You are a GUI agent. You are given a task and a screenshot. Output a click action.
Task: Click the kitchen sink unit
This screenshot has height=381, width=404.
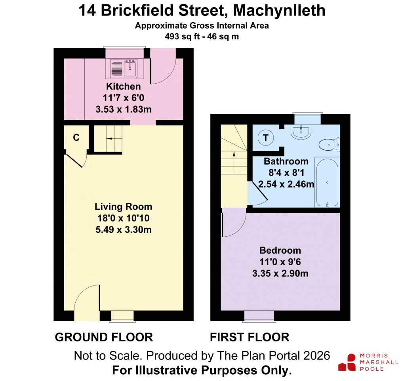tap(124, 68)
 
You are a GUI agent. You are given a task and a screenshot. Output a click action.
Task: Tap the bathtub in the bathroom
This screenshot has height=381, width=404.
tap(327, 182)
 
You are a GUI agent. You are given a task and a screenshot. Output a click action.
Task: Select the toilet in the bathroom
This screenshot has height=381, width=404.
tap(328, 144)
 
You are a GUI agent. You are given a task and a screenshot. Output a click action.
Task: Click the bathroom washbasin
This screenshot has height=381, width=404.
tap(302, 131)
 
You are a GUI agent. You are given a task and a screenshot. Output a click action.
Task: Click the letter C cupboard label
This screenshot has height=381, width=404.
tap(76, 138)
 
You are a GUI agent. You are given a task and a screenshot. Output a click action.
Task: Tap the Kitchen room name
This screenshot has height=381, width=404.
tap(123, 86)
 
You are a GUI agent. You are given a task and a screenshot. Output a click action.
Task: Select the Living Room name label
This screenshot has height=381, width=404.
tap(123, 207)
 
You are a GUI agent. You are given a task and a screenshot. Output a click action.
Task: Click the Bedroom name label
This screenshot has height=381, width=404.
tap(280, 251)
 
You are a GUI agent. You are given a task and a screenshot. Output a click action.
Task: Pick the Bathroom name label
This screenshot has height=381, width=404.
tap(286, 161)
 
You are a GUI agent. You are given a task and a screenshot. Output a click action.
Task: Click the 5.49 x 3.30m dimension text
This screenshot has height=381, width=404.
tap(123, 230)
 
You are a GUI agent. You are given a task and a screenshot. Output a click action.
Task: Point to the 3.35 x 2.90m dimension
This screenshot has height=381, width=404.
tap(280, 273)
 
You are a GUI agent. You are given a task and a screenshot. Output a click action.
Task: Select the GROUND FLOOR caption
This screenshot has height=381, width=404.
tap(104, 337)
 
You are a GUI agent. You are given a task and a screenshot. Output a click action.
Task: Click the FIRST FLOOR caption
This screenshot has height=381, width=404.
tap(250, 337)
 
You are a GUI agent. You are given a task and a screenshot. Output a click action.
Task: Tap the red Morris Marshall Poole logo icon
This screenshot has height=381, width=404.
tap(347, 362)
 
